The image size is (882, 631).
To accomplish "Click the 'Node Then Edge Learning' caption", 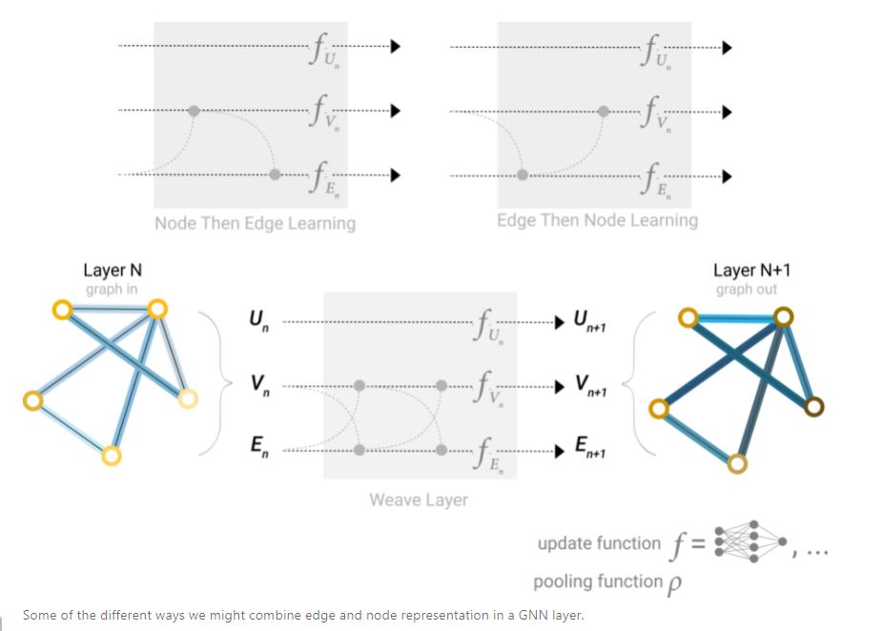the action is point(255,223).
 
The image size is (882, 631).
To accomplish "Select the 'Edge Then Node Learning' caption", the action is point(597,220).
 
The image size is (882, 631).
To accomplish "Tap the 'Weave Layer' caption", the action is point(419,499).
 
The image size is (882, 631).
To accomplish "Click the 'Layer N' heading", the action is point(113,270).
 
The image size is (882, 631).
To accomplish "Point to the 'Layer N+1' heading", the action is point(752,270).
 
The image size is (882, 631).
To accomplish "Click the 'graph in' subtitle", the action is point(112,289).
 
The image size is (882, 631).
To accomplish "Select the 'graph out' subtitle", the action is point(747,289).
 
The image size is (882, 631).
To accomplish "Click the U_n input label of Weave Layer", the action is point(259,320).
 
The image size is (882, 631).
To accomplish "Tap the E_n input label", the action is point(259,446).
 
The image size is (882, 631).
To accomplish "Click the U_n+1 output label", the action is point(589,320).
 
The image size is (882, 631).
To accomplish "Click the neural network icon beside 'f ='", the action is point(750,541).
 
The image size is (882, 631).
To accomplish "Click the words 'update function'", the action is point(599,543).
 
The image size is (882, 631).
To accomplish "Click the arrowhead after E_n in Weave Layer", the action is point(560,451).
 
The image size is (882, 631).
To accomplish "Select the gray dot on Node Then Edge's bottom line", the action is point(275,174).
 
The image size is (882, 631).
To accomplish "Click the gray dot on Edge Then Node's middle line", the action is point(604,112).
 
